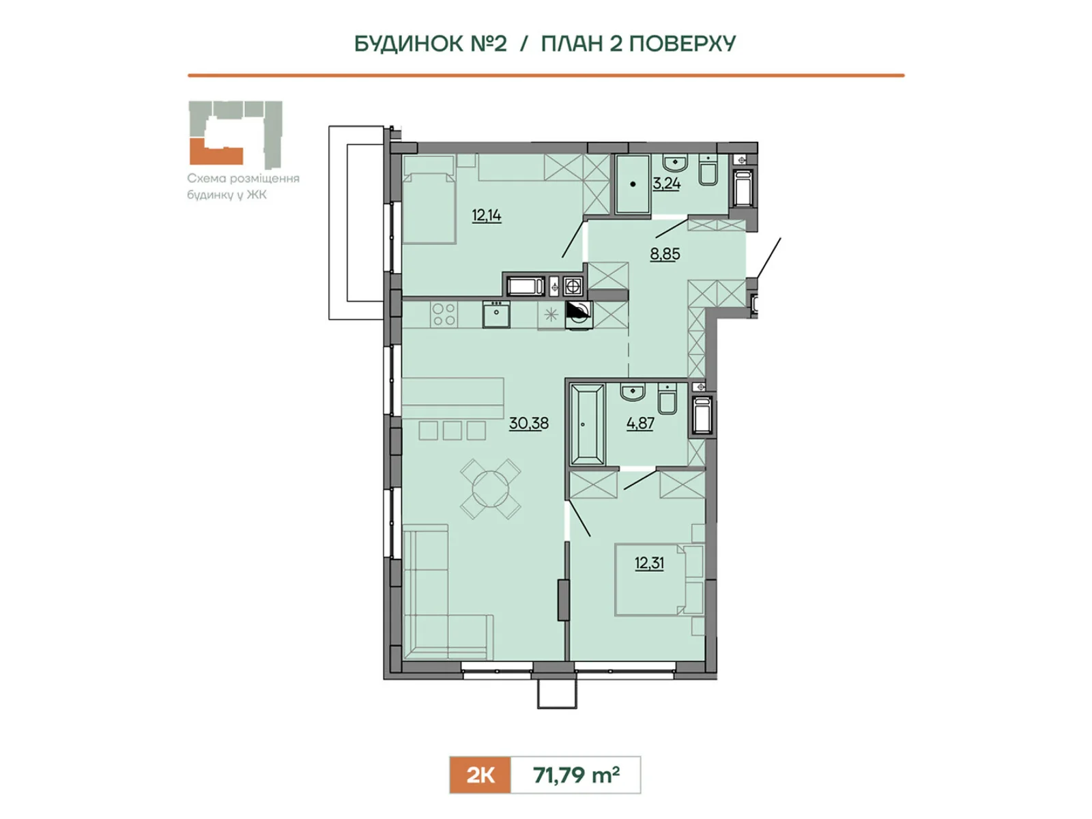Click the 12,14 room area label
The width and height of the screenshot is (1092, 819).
point(487,215)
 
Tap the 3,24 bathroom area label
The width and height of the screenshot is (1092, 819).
point(667,184)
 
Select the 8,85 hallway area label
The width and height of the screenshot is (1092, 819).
point(665,254)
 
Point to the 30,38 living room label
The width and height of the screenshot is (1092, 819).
point(529,423)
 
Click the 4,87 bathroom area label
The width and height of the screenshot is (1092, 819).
point(640,424)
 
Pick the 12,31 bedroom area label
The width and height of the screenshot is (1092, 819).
point(649,564)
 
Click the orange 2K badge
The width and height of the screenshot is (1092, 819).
point(480,775)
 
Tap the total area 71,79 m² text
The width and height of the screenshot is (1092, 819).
point(576,775)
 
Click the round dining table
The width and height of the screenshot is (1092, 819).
point(491,489)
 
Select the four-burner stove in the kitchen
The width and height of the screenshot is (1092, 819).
point(444,314)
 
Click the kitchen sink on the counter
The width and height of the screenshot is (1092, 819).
point(496,314)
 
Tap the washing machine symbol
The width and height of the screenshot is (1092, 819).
point(579,315)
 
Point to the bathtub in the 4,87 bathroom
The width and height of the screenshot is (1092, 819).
point(588,425)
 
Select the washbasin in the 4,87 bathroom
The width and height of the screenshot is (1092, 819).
point(632,392)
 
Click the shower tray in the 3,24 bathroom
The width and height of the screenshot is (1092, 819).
point(633,184)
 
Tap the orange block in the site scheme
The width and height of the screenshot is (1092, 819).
point(216,153)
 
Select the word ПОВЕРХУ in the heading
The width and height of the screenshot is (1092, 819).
point(682,44)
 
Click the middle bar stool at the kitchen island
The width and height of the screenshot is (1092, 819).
point(452,431)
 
